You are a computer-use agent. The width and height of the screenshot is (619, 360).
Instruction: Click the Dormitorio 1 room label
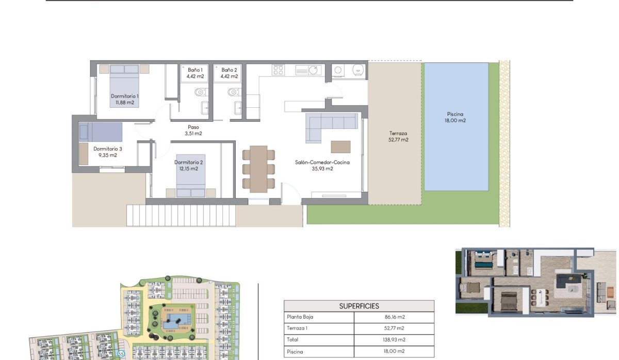click(x=125, y=99)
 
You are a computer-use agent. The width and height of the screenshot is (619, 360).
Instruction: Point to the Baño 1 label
click(x=195, y=73)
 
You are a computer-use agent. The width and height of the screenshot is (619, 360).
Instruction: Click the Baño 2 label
click(x=229, y=73)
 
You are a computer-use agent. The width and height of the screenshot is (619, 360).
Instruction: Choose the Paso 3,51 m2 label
click(x=193, y=130)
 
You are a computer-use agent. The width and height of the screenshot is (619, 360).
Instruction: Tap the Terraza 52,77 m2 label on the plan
click(x=398, y=136)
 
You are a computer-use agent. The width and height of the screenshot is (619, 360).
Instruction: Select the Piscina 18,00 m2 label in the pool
click(x=456, y=118)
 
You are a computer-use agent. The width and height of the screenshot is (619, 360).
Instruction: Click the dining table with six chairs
click(x=258, y=169)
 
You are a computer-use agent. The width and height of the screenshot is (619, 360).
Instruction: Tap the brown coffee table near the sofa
click(x=340, y=146)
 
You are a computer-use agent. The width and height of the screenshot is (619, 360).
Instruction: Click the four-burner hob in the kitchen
click(x=278, y=70)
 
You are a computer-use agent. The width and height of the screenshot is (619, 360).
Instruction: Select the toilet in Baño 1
click(x=200, y=92)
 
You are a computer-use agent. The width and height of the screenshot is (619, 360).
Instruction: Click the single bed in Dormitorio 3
click(x=101, y=132)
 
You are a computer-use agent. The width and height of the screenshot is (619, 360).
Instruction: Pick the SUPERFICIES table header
click(x=359, y=306)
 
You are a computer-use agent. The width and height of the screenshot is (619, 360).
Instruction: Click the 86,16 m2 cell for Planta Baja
click(x=394, y=317)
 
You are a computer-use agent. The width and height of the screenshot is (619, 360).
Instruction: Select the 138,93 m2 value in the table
click(x=394, y=340)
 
